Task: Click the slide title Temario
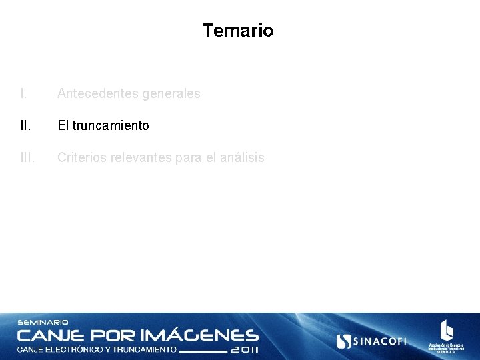[238, 31]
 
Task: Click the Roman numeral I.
[23, 94]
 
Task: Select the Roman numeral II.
[25, 125]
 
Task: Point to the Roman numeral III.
[27, 158]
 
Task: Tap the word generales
[171, 94]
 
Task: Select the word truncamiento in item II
[111, 125]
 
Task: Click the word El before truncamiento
[63, 125]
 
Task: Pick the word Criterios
[81, 158]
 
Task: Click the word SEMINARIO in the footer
[43, 323]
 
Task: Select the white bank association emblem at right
[446, 331]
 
